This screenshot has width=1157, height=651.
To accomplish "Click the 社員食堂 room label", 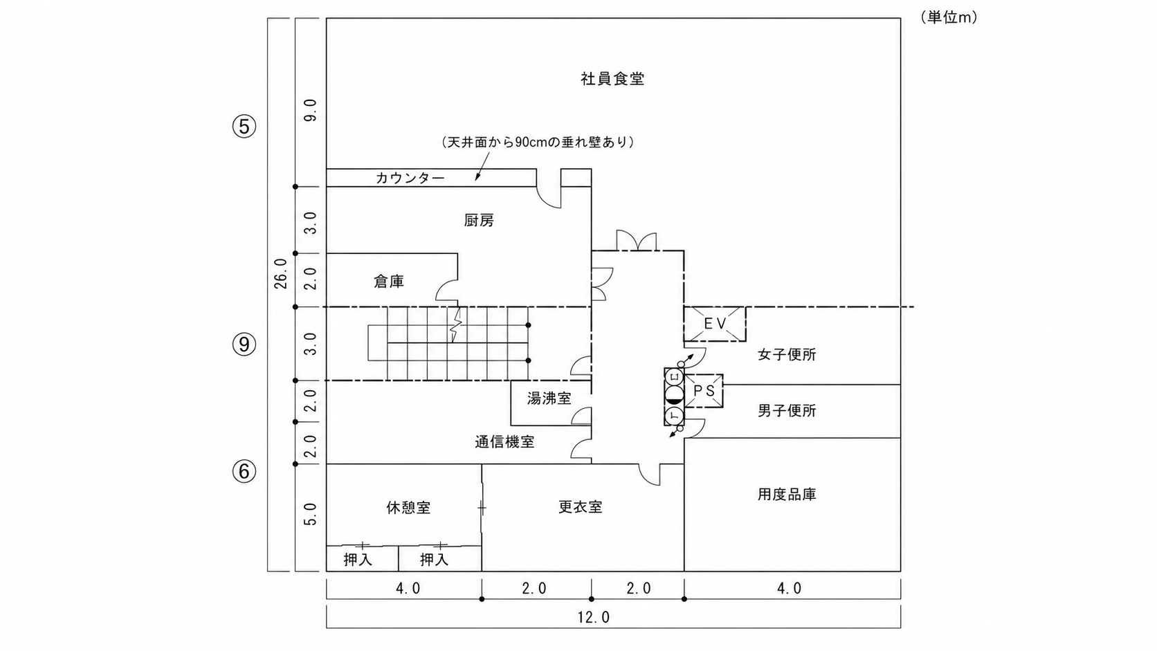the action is (x=612, y=79).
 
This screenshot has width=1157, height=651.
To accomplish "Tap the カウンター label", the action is (x=410, y=178).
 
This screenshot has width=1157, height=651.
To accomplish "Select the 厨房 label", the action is (x=479, y=221).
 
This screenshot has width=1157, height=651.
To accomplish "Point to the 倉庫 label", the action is (x=389, y=282).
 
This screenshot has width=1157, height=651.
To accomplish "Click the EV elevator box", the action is (x=715, y=324).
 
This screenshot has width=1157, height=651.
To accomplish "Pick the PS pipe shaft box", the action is (x=704, y=391).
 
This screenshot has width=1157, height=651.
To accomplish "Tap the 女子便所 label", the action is (x=787, y=355).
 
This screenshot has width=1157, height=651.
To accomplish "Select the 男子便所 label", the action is (x=787, y=410).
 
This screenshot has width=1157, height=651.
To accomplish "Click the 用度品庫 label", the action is (x=787, y=495).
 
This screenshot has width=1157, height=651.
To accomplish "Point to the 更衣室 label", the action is (x=581, y=507).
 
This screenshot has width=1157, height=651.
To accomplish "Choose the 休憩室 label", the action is (x=408, y=508).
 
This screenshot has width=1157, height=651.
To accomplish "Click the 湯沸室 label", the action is (x=549, y=398).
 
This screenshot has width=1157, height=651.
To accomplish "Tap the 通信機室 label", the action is (x=504, y=442).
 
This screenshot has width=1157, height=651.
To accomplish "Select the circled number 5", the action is (x=244, y=126).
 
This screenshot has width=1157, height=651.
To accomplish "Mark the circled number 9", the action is (x=244, y=345).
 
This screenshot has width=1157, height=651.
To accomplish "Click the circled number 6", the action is (x=244, y=471).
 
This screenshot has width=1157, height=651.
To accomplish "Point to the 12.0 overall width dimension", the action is (x=594, y=617).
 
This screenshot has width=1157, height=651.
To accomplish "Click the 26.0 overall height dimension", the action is (x=280, y=274).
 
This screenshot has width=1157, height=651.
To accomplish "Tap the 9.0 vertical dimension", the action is (x=310, y=111).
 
